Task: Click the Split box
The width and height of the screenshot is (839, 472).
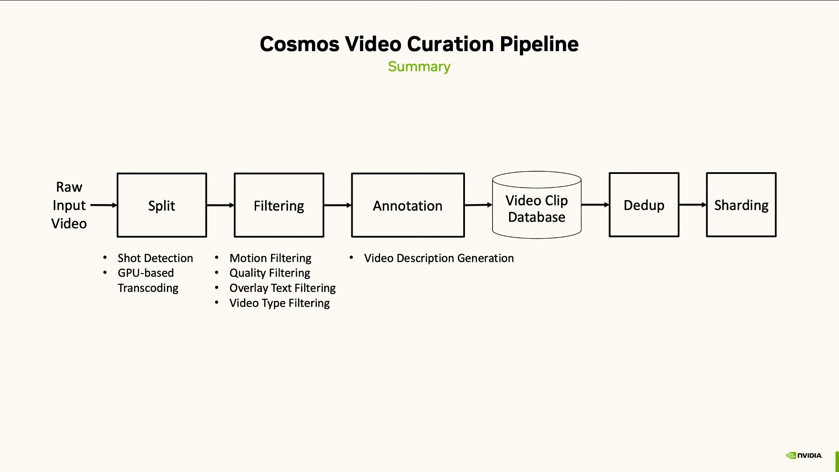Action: click(162, 205)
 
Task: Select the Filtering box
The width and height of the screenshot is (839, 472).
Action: click(279, 205)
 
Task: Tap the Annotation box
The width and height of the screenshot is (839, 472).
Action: click(408, 205)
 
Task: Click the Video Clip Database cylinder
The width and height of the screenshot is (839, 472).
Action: click(537, 205)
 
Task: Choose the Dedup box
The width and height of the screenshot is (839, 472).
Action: click(644, 205)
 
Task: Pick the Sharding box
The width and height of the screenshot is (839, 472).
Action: click(741, 205)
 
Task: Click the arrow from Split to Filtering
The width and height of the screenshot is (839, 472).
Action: click(220, 205)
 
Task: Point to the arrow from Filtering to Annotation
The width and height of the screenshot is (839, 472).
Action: click(337, 205)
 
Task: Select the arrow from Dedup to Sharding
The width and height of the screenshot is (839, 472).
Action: click(693, 205)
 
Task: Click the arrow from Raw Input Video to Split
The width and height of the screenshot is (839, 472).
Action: click(104, 205)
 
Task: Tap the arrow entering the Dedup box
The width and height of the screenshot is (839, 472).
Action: click(595, 205)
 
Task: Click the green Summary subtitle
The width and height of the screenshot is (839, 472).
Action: click(419, 66)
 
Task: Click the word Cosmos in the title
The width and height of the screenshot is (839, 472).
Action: click(299, 44)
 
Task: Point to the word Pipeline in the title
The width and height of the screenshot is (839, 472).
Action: click(539, 44)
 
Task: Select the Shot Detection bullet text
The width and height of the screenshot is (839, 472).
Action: click(155, 258)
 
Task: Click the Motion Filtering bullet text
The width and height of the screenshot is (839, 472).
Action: click(270, 258)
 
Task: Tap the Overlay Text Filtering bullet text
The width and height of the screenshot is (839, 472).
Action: click(282, 288)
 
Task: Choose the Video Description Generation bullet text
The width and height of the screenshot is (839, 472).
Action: click(439, 258)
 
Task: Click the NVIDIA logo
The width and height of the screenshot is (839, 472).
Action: click(804, 455)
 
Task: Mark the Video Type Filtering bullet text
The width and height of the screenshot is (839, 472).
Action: click(279, 303)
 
